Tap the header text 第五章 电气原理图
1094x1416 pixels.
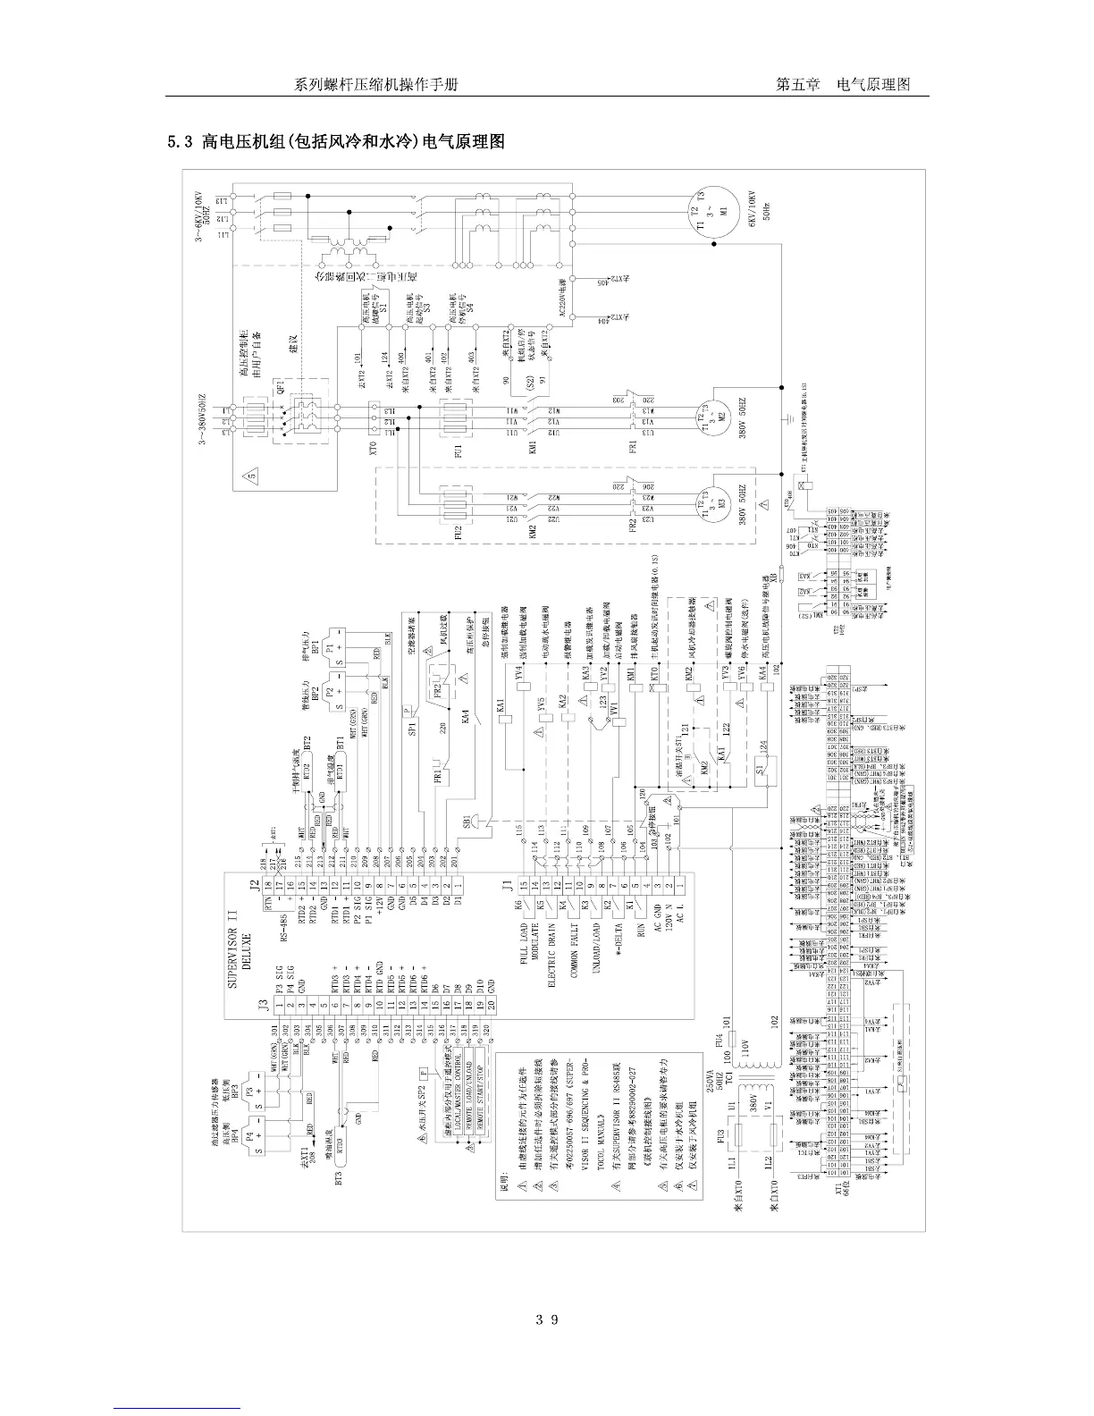pos(843,85)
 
